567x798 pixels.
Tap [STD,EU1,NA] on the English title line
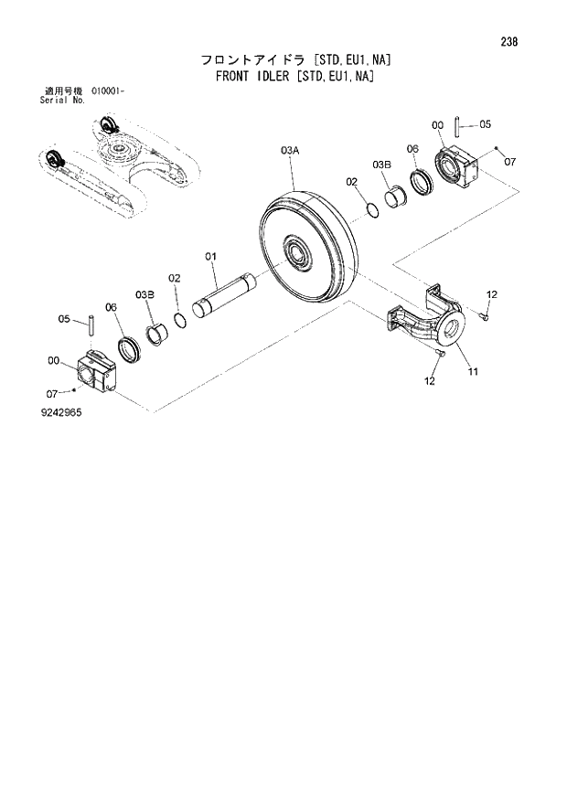point(341,77)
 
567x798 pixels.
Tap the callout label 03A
point(290,148)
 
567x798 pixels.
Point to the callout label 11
point(474,371)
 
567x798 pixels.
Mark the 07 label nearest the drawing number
point(53,393)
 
